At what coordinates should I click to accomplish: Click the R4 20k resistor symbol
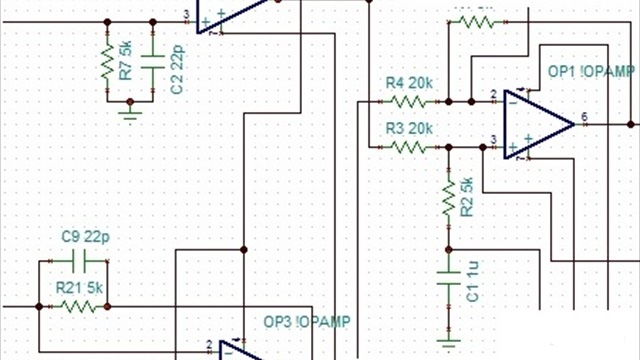coord(408,101)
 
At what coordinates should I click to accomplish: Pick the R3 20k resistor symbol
coord(408,146)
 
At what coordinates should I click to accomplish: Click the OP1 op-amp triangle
coord(536,123)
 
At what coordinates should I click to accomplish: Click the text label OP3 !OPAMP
coord(308,322)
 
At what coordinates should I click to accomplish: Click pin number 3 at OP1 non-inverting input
coord(493,139)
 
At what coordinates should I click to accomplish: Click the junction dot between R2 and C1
coord(449,247)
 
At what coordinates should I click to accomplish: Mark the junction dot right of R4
coord(449,101)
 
